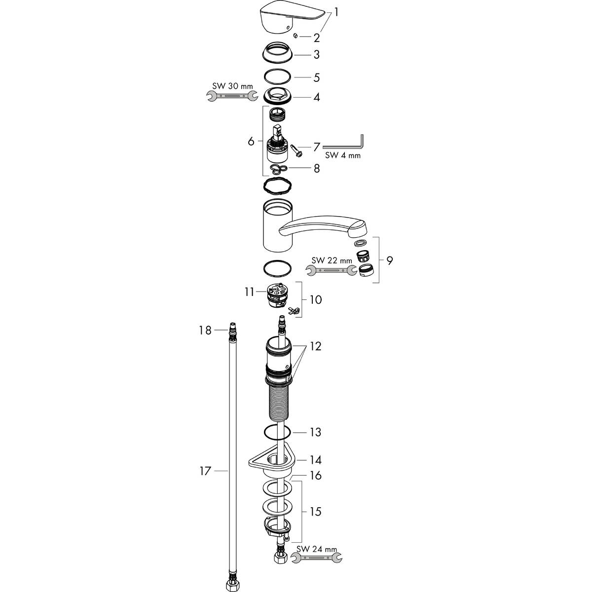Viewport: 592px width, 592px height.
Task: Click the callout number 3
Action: tap(316, 54)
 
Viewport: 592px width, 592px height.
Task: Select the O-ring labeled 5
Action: tap(278, 77)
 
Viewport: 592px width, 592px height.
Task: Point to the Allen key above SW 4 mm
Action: tap(345, 144)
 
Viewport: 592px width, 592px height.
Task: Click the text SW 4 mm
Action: tap(343, 155)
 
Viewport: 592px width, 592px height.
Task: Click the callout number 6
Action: tap(251, 142)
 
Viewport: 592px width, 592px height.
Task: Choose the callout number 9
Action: tap(389, 260)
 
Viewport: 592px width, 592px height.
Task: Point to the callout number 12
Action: tap(315, 346)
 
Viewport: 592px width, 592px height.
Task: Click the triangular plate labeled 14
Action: tap(272, 461)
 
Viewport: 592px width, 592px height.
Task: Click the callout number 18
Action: tap(205, 330)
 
